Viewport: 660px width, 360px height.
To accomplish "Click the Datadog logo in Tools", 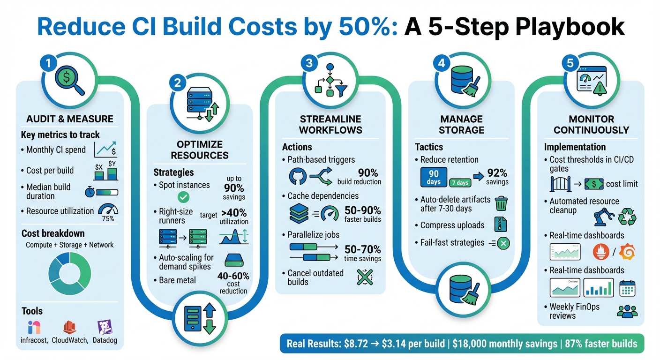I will click(x=104, y=327).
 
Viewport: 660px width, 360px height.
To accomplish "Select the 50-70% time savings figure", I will click(x=362, y=253).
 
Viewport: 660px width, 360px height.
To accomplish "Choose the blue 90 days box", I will click(x=434, y=178).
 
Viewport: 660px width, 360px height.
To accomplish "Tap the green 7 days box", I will click(x=460, y=183).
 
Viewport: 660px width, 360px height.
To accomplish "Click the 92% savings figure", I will click(x=497, y=177).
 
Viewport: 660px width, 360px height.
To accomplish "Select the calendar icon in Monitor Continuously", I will click(x=627, y=288).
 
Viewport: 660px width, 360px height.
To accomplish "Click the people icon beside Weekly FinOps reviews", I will click(x=627, y=311).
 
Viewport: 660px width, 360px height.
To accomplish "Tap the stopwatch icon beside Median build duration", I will click(x=90, y=192).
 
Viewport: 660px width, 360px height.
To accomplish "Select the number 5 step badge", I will click(x=570, y=63).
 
